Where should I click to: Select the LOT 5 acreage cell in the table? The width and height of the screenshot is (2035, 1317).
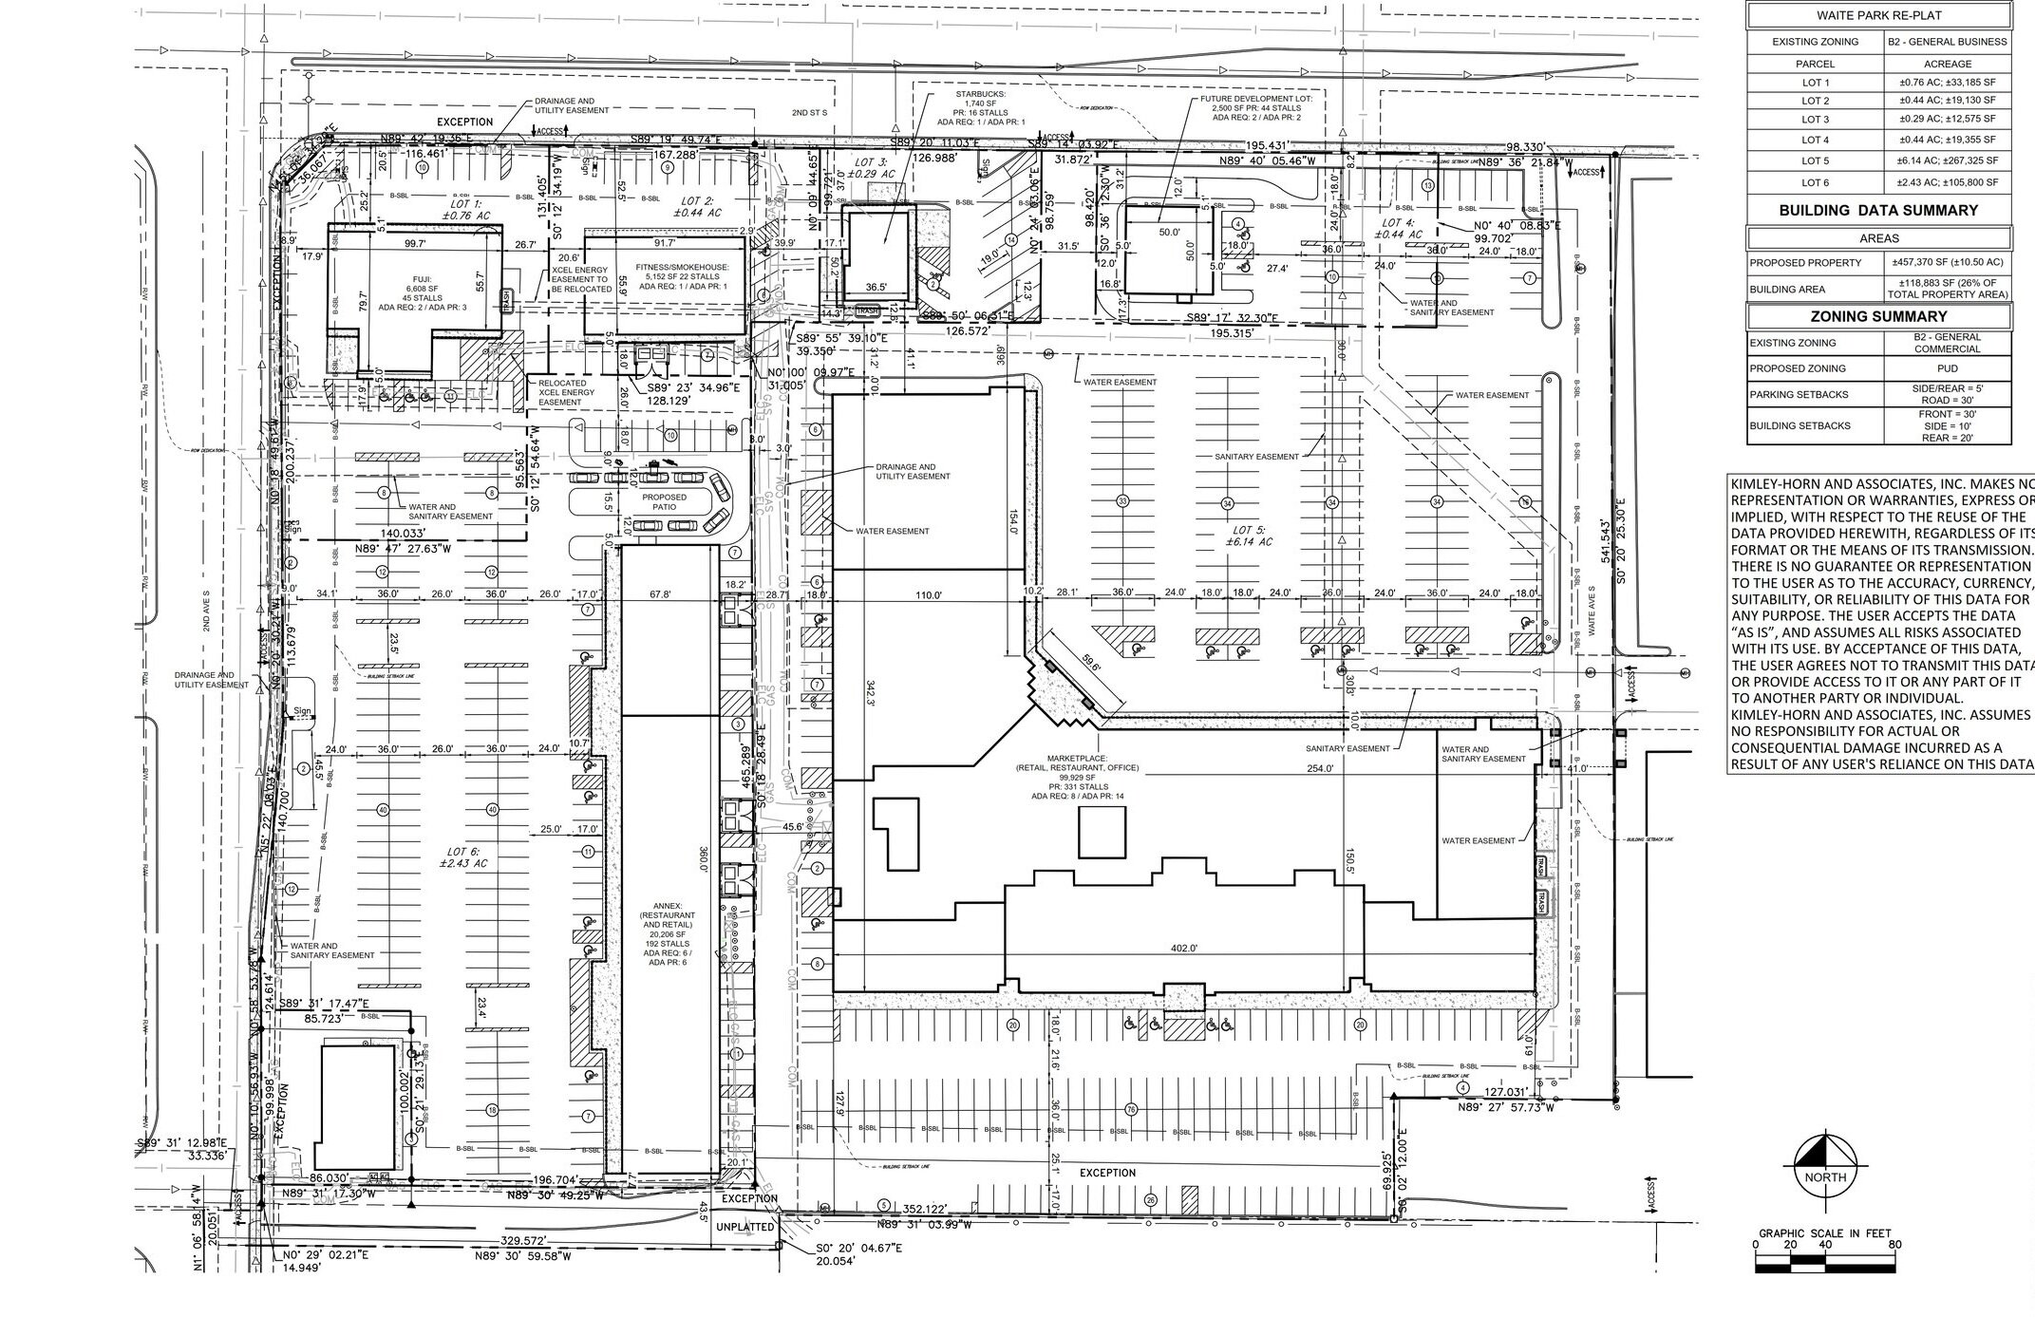point(1947,160)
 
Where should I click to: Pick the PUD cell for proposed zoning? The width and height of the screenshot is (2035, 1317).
point(1947,368)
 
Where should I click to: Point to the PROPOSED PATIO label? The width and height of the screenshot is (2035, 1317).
point(664,502)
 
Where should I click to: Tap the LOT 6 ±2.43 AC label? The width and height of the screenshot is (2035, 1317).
point(463,856)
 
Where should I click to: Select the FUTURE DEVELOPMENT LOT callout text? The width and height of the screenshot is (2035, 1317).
point(1254,108)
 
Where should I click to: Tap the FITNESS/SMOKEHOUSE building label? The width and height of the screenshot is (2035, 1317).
point(682,276)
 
